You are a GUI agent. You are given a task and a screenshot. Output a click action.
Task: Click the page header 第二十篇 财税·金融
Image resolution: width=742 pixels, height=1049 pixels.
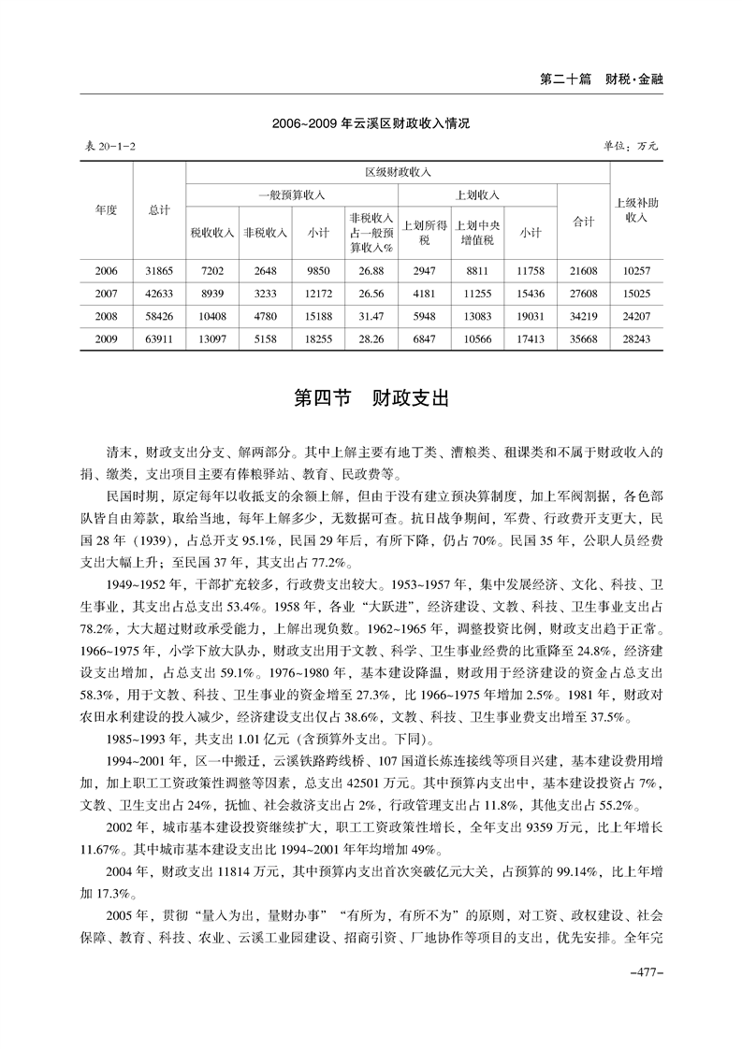click(602, 79)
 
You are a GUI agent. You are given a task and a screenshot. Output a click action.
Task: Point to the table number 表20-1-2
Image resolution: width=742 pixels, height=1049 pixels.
click(106, 147)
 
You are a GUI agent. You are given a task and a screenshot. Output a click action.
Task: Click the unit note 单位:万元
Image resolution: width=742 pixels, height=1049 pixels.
click(633, 147)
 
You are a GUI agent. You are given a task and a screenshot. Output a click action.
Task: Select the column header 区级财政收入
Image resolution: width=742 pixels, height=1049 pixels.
click(398, 173)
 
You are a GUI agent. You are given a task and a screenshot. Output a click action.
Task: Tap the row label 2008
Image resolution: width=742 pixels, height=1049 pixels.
click(106, 316)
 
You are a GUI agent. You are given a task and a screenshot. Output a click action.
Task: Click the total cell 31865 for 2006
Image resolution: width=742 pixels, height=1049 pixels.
click(159, 271)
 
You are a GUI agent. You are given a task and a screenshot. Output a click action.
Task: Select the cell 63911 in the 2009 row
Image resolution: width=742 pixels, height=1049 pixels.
click(159, 338)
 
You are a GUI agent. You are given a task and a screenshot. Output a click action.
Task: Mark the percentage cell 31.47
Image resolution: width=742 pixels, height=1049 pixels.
click(371, 316)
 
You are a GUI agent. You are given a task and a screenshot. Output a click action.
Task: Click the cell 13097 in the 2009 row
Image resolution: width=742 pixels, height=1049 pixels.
click(212, 338)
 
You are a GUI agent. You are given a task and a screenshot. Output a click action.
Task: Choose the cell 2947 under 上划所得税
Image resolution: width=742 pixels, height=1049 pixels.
click(424, 271)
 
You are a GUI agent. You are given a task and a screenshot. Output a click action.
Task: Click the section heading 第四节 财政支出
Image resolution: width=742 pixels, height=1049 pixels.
click(371, 398)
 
